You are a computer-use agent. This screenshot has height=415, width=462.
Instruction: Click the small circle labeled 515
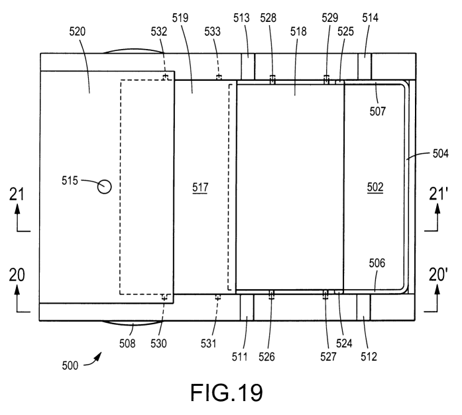[x=104, y=187]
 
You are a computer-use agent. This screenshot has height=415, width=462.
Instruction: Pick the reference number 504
[x=439, y=154]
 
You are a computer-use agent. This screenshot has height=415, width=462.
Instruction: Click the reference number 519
[x=181, y=19]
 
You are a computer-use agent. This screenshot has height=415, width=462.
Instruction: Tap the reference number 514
[x=370, y=19]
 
